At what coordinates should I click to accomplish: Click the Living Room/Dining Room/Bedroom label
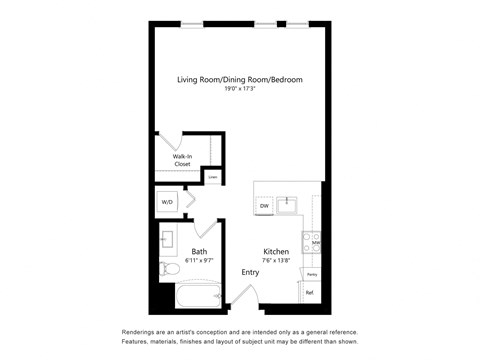(240, 79)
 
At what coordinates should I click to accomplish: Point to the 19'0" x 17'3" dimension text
(240, 89)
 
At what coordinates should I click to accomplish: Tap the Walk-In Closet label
(182, 160)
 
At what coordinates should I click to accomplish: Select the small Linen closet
(212, 177)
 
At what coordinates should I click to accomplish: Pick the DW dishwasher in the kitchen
(264, 206)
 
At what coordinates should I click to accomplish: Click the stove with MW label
(316, 242)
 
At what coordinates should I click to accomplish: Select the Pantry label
(312, 273)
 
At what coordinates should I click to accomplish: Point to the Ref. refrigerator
(310, 293)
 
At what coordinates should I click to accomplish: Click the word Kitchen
(276, 251)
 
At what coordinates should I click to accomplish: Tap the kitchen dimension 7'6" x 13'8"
(276, 260)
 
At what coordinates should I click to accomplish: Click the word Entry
(249, 272)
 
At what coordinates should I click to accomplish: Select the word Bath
(200, 251)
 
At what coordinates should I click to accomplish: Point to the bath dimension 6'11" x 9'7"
(200, 260)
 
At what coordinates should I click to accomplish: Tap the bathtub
(196, 298)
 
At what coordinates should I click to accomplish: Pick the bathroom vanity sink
(168, 240)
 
